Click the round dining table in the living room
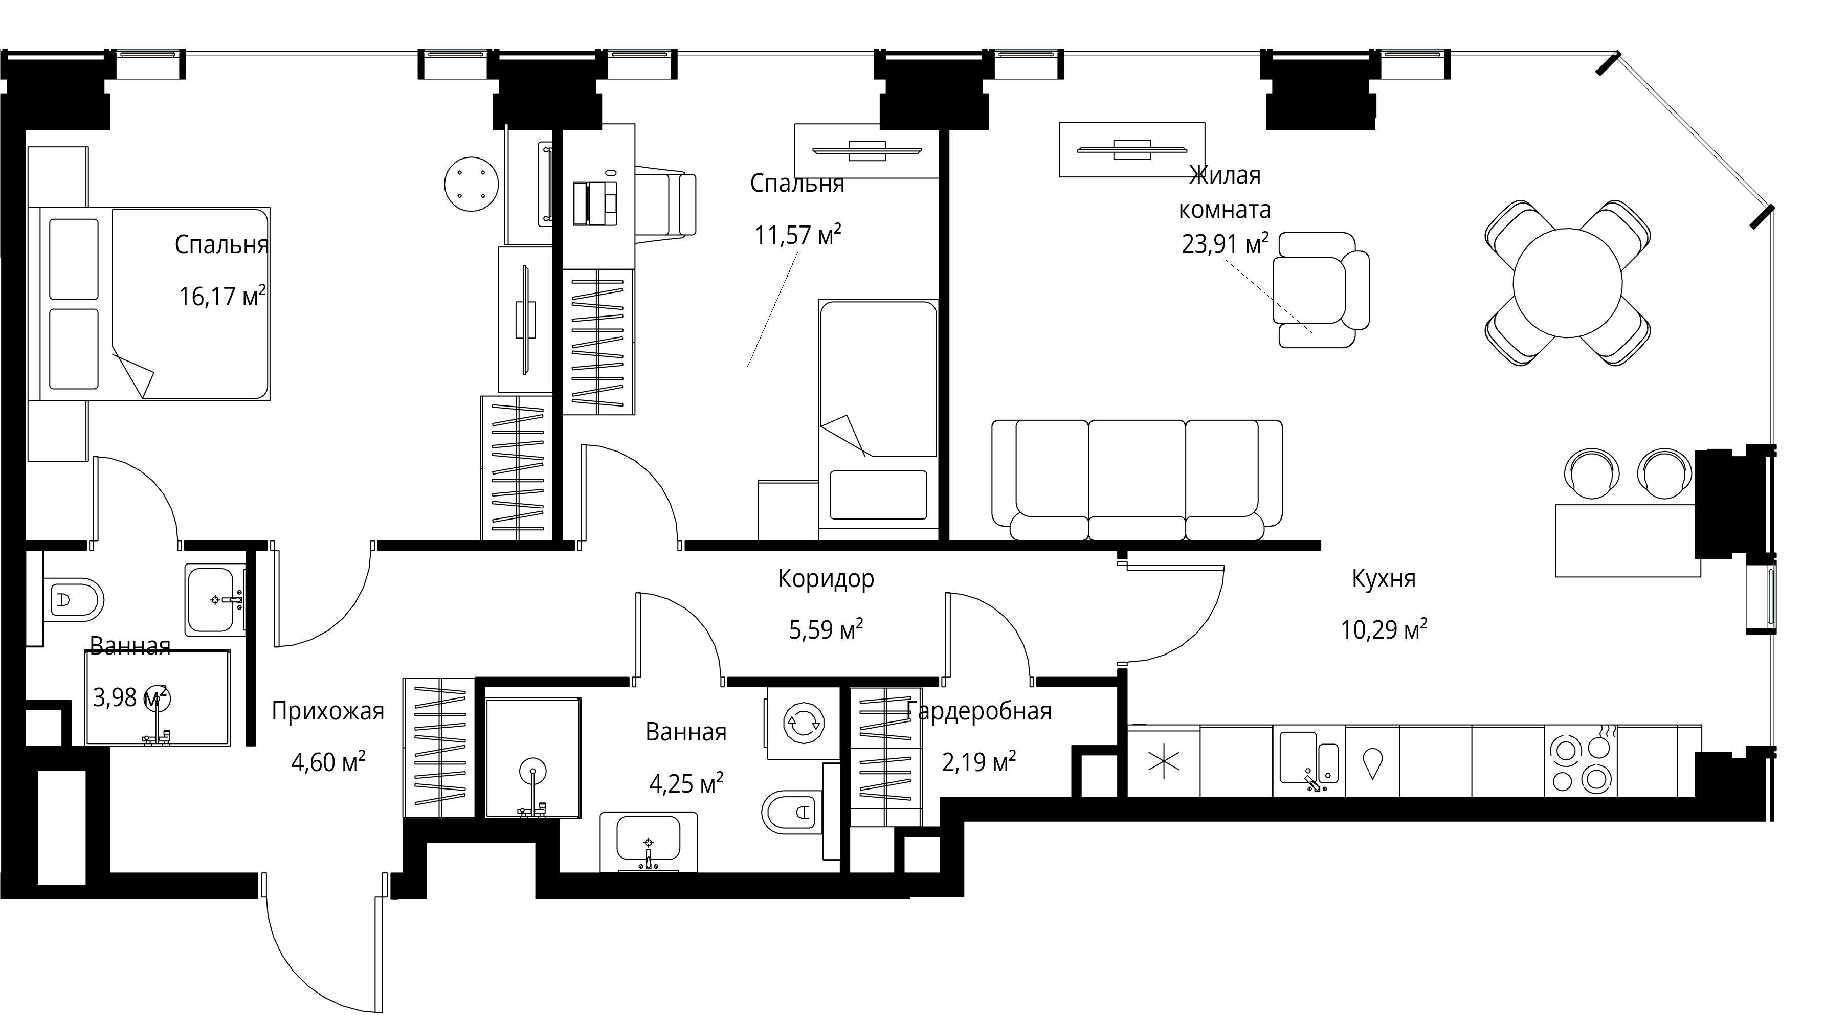point(1567,283)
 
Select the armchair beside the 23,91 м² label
point(1321,290)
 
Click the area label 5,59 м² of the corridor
point(826,629)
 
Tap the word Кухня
point(1384,579)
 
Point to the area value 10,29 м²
point(1384,629)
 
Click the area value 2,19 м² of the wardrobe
point(979,762)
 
